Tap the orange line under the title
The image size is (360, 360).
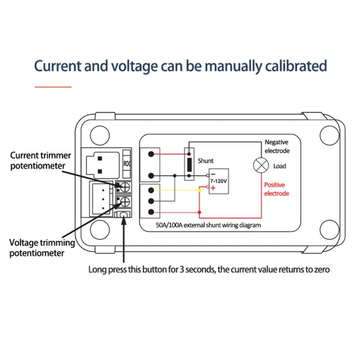53,86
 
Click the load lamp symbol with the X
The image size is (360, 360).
260,166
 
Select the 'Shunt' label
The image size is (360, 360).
205,161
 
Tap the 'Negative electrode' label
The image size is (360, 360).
277,146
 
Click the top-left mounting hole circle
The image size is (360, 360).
99,135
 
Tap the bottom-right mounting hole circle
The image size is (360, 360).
329,232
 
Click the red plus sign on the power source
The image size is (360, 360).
212,188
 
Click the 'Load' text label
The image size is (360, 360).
279,166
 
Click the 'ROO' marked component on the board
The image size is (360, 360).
126,163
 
